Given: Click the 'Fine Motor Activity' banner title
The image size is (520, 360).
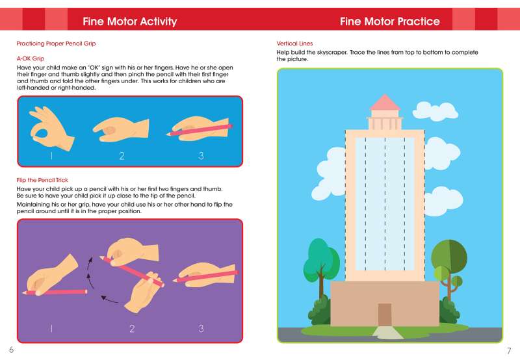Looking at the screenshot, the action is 129,21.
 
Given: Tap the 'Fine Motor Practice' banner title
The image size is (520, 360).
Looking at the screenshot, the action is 389,21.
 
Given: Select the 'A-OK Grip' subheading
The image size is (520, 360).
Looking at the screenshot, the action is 30,58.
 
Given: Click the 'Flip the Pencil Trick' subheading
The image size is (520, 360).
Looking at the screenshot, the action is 42,180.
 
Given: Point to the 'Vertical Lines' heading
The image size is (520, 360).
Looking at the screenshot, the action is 294,44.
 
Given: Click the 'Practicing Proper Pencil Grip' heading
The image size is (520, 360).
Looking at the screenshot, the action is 56,44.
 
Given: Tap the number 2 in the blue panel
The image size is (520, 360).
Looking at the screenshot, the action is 122,156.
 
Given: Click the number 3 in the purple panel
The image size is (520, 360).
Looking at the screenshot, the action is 201,329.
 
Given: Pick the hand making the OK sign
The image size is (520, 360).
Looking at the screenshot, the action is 51,127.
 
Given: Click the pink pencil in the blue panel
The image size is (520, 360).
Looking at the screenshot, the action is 199,130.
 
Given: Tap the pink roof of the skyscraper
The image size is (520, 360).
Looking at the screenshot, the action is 385,102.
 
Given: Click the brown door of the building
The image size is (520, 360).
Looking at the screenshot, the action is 385,315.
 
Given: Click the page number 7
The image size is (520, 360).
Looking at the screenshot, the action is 509,351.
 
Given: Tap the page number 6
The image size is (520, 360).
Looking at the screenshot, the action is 11,350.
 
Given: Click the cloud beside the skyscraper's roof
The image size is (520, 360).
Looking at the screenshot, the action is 435,111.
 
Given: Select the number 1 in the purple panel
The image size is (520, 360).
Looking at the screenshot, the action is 51,329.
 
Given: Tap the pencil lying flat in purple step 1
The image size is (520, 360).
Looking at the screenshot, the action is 55,292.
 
